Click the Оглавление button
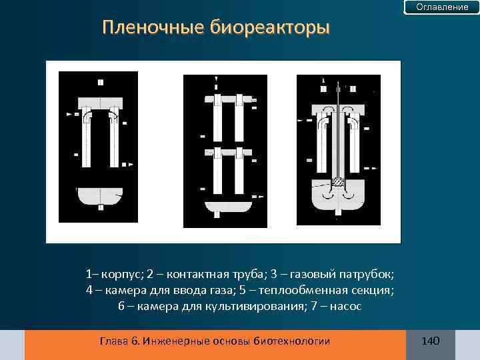click(442, 7)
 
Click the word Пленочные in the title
click(153, 29)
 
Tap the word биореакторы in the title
click(269, 29)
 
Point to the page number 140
click(430, 341)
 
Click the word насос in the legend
click(345, 306)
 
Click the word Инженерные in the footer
click(171, 341)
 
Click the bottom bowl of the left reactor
click(100, 196)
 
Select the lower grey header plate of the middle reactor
click(226, 153)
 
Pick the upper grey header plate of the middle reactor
click(226, 99)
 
